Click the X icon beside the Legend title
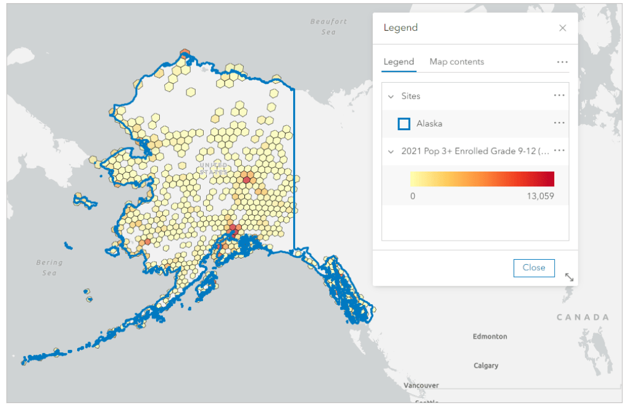coord(562,28)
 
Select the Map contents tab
coord(457,62)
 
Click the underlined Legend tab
coord(399,62)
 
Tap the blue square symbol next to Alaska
coord(404,124)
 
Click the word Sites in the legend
coord(411,96)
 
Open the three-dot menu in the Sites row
coord(559,96)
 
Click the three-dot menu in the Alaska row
coord(559,123)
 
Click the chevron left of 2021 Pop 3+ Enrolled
coord(391,151)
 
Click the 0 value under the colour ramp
coord(413,196)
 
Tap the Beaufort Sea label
coord(328,27)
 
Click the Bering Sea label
coord(49,267)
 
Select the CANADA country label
coord(583,317)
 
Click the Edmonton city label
coord(490,336)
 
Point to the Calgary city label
coord(486,365)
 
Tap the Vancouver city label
coord(421,385)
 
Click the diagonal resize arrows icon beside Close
coord(569,278)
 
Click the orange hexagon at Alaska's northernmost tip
coord(185,54)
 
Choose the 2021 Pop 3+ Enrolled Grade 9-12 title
coord(475,151)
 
